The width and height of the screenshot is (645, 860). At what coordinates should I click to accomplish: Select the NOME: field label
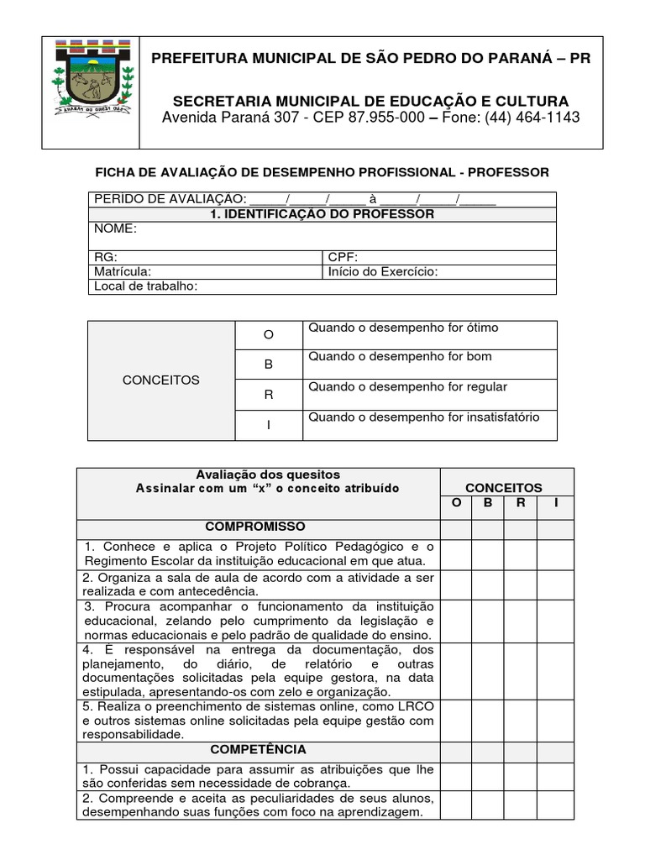point(115,229)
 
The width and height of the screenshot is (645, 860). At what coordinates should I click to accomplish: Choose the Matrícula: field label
point(123,272)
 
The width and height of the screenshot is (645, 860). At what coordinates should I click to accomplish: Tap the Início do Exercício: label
point(383,272)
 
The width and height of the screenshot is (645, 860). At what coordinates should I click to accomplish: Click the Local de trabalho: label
point(145,286)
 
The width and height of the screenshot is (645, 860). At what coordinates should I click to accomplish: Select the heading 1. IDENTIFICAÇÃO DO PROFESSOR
point(322,214)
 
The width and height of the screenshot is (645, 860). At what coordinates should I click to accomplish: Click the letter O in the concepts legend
point(269,335)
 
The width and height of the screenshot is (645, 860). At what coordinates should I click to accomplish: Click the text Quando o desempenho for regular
point(408,387)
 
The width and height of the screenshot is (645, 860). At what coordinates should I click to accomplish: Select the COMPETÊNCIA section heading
point(258,749)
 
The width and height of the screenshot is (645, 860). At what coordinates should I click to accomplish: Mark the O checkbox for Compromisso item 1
point(456,554)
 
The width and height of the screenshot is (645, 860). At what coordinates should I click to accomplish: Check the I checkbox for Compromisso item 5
point(555,720)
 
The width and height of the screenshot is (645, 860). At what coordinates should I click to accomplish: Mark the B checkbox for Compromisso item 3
point(488,621)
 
